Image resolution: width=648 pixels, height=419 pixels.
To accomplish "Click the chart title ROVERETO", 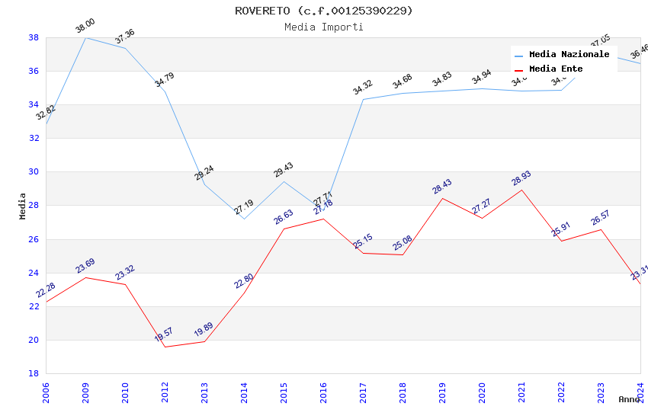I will (x=323, y=11).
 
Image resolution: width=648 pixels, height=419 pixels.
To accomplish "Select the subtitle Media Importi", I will (x=323, y=27).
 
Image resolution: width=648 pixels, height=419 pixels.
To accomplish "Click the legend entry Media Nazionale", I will (x=569, y=55).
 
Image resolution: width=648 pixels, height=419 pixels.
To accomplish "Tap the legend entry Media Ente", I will (x=556, y=69).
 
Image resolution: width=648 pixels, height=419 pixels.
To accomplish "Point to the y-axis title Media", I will (x=23, y=206).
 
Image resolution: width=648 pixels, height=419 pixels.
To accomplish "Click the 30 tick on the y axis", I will (x=34, y=172).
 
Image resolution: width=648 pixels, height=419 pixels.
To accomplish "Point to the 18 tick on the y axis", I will (x=34, y=373).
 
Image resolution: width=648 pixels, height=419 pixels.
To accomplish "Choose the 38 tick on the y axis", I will (x=34, y=37).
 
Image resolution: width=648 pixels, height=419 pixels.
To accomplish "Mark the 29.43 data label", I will (x=284, y=170).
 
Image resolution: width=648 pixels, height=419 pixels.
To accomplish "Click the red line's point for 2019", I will (x=442, y=198).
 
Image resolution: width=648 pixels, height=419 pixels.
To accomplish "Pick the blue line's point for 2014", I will (x=244, y=219).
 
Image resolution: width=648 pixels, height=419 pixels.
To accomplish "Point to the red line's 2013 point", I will (x=204, y=341).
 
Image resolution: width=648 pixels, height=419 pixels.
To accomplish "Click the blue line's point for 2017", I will (x=363, y=99).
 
